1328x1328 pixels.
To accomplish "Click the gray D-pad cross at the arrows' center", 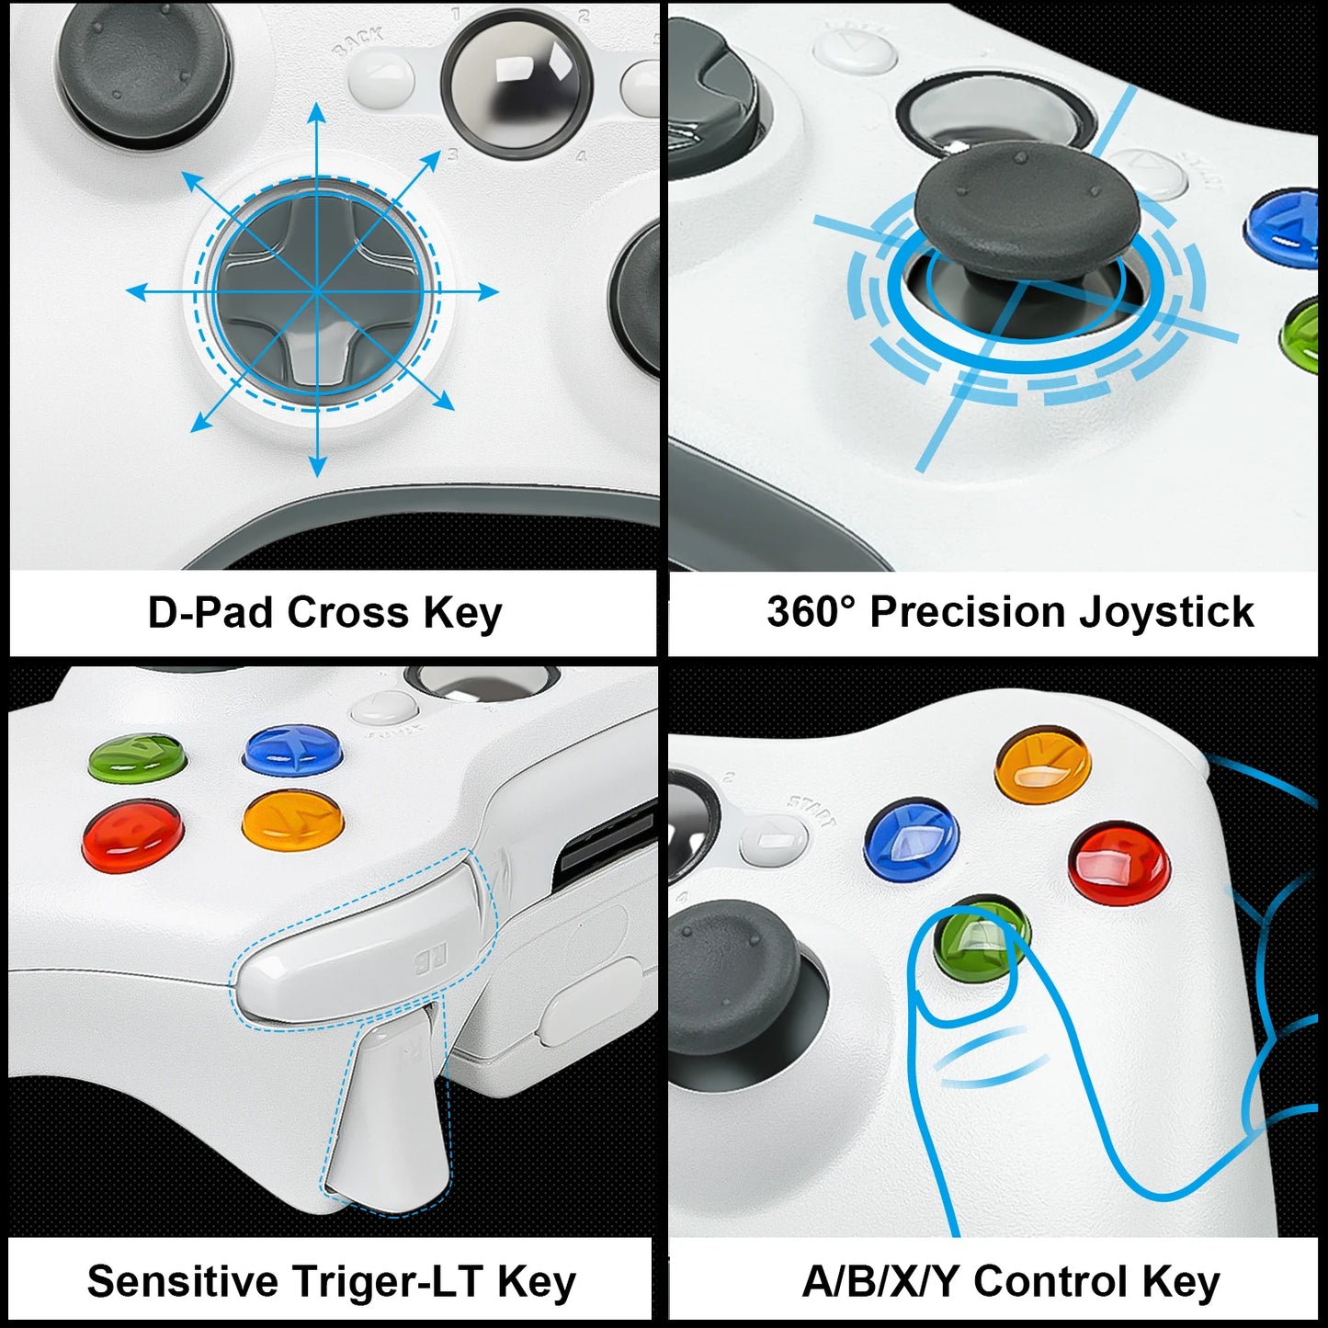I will [x=317, y=292].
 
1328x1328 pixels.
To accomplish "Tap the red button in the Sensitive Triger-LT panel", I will [x=132, y=834].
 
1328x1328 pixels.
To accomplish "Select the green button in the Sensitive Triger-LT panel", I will [x=137, y=758].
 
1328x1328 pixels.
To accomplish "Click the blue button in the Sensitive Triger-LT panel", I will [x=293, y=750].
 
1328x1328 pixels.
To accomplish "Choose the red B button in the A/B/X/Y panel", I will [x=1119, y=864].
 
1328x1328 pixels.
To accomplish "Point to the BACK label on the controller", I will [x=358, y=41].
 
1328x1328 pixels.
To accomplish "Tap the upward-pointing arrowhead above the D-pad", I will [x=317, y=113].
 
